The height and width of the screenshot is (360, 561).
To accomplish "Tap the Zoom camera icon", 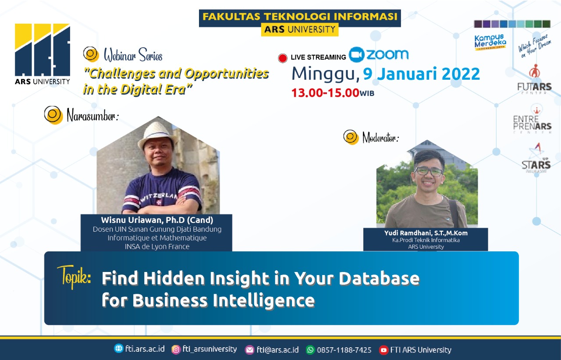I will [x=357, y=55].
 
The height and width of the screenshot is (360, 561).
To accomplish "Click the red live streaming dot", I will [x=283, y=58].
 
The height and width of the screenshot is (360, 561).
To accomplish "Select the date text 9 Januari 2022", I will [x=422, y=74].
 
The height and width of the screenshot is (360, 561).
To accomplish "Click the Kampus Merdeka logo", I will [x=490, y=42].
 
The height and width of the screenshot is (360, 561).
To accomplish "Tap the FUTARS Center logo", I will [x=534, y=79].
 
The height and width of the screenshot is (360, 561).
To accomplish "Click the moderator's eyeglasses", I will [x=429, y=171].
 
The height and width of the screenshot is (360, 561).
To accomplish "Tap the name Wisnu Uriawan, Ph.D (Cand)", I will [x=157, y=220].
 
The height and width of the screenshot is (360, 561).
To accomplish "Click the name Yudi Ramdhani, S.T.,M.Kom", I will [x=426, y=233].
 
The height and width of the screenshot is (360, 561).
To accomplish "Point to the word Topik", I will [x=74, y=275].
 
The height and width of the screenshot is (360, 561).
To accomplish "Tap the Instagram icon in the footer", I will [x=176, y=349].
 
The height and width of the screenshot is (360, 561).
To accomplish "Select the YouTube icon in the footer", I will [x=383, y=350].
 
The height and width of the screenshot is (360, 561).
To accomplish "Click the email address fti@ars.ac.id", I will [x=277, y=350].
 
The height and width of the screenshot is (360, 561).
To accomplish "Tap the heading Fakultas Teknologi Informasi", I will [x=300, y=17].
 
